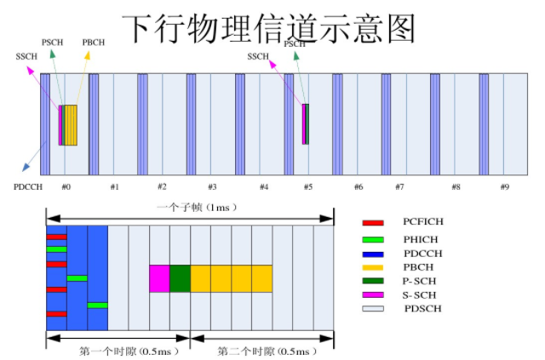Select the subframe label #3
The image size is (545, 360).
tap(212, 186)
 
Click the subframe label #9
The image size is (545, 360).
tap(504, 186)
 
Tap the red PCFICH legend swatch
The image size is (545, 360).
tap(373, 223)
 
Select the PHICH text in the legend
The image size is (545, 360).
tap(422, 238)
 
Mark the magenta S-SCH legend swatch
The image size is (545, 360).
tap(373, 294)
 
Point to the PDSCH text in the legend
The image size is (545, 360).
tap(423, 308)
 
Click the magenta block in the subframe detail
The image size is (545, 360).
tap(159, 278)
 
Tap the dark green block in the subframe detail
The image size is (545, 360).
tap(180, 278)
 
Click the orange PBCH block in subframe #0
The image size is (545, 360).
tap(71, 125)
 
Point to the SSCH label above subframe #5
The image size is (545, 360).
tap(257, 56)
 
